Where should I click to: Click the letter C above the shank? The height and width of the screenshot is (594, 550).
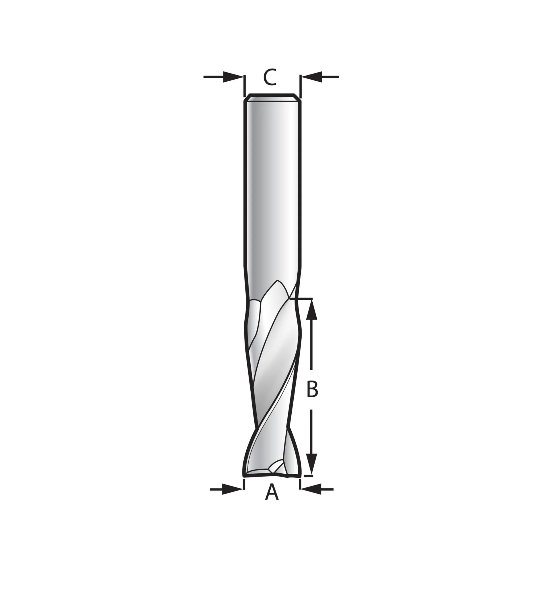(270, 77)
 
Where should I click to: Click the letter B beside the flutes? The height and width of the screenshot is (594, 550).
(312, 389)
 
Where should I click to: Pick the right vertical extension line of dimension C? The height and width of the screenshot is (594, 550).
(300, 86)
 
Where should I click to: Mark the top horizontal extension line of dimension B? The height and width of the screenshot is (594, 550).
(302, 298)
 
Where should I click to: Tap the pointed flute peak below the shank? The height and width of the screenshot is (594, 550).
(278, 281)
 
